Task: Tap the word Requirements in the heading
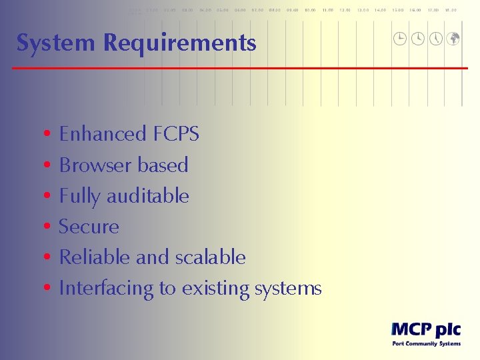(x=179, y=43)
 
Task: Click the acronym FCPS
(x=176, y=134)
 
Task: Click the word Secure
(x=89, y=227)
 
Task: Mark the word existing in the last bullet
(x=217, y=289)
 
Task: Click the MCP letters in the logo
(x=409, y=329)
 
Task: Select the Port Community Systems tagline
(x=425, y=344)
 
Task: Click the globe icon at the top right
(x=453, y=39)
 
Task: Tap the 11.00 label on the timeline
(x=327, y=10)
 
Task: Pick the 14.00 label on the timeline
(x=380, y=10)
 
